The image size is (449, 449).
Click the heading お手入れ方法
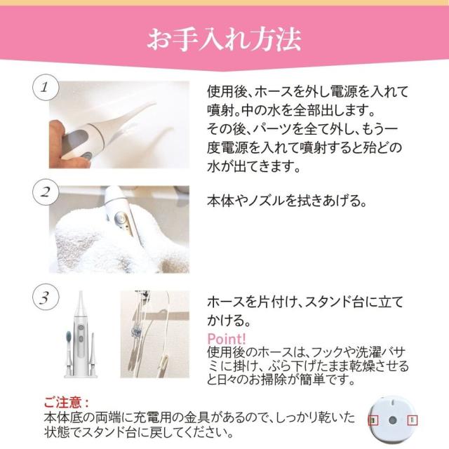224,39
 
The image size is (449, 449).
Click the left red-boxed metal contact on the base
374,420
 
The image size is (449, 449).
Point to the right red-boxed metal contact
413,420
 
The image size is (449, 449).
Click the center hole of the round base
394,421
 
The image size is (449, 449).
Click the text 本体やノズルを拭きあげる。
287,201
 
